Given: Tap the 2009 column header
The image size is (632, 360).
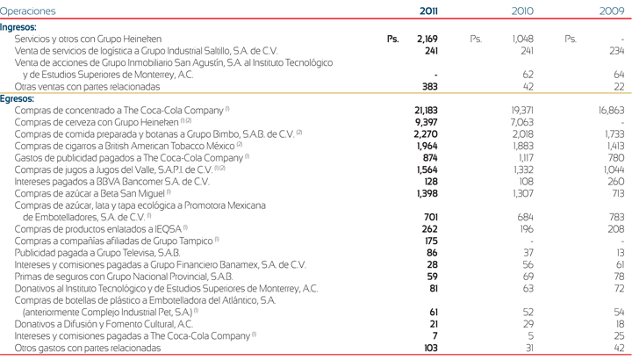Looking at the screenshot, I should (612, 11).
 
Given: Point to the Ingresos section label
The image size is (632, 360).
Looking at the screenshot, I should (18, 27).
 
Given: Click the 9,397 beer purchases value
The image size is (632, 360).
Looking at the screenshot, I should (426, 122).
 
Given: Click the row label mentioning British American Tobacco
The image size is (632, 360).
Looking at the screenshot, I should (127, 146).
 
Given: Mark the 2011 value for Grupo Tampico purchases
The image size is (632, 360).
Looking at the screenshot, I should (430, 241).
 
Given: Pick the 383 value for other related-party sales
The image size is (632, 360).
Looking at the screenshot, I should (429, 87).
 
